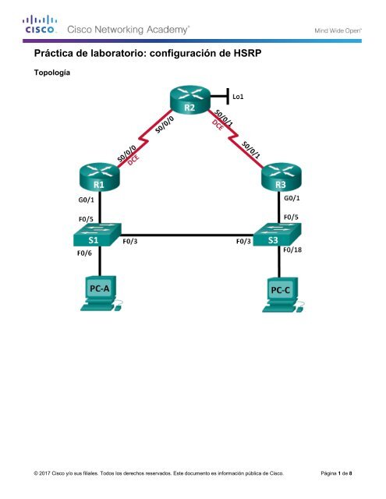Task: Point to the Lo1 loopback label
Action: pos(238,98)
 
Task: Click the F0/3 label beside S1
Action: pos(133,242)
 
